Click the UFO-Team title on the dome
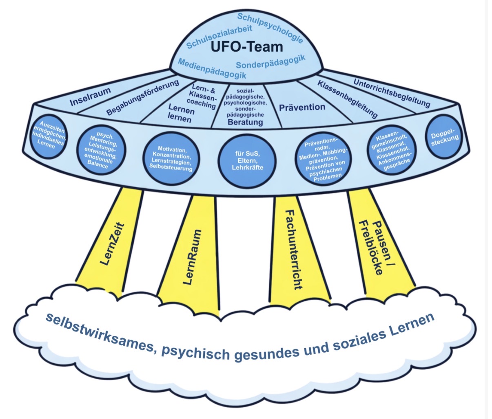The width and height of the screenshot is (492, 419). [247, 47]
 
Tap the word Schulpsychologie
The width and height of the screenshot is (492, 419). [270, 28]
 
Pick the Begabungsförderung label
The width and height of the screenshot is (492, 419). [143, 97]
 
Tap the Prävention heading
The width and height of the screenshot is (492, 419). [302, 107]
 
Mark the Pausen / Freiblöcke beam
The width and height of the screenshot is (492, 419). [376, 244]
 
